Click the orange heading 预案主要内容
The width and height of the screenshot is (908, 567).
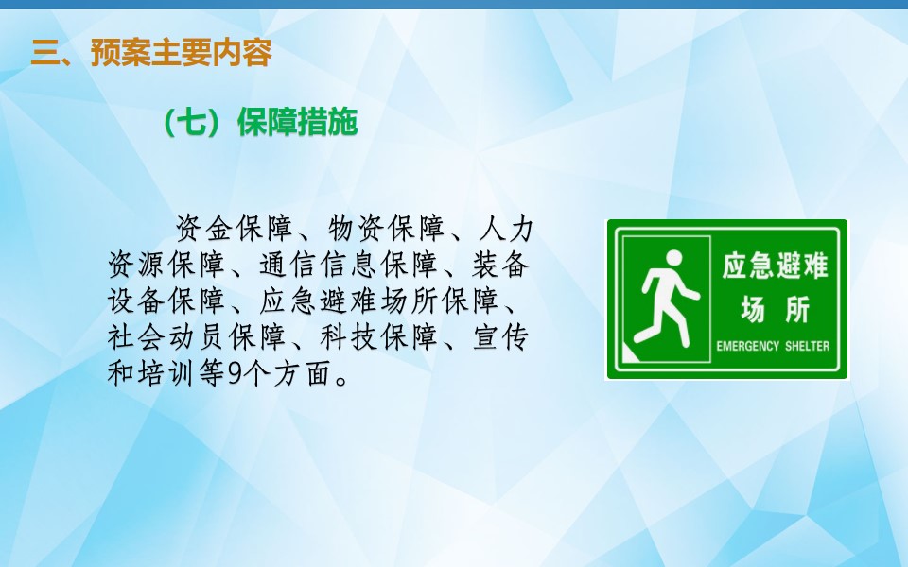coord(182,53)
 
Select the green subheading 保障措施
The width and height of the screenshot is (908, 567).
coord(298,122)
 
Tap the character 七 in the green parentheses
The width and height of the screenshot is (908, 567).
coord(192,122)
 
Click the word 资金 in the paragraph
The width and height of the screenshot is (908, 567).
coord(204,228)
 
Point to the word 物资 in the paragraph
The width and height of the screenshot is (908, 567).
coord(357,228)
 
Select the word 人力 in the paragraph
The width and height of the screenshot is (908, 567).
coord(506,228)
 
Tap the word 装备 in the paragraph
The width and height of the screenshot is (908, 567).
coord(501,265)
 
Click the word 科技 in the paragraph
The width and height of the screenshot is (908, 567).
coord(349,336)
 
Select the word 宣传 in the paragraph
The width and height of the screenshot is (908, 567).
coord(501,336)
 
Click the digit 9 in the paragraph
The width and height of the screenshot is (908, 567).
coord(235,373)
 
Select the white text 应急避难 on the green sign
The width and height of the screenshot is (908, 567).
coord(776,266)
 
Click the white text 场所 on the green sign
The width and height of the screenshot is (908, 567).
coord(776,309)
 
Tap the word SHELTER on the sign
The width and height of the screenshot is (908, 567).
coord(807,346)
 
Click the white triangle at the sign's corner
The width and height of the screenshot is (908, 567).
coord(628,354)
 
